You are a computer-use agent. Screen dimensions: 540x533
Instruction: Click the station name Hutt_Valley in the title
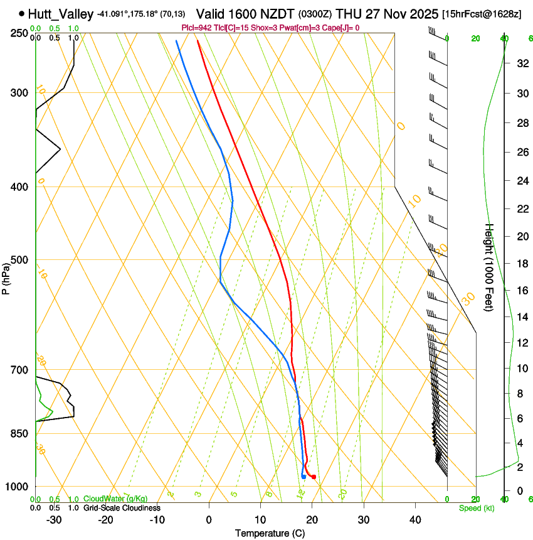coord(60,14)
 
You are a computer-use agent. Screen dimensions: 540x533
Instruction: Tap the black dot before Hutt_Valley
coord(22,13)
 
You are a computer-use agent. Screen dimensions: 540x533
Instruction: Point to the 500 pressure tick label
coord(19,260)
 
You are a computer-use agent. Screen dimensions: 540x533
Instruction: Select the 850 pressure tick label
coord(19,433)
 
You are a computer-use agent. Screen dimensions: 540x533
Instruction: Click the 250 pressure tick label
coord(19,33)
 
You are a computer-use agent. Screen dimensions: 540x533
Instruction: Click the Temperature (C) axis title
coord(270,533)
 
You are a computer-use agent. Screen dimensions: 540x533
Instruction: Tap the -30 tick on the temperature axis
coord(54,520)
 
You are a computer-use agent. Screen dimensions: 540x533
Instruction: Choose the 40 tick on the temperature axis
coord(415,520)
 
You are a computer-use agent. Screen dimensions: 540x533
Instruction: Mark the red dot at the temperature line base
coord(314,477)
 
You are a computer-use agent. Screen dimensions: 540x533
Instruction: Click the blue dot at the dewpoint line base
coord(303,477)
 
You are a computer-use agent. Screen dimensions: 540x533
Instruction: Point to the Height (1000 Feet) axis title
coord(490,267)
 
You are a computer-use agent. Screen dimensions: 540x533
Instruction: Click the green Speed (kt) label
coord(477,508)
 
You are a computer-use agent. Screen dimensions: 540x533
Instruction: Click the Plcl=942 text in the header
coord(198,28)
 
